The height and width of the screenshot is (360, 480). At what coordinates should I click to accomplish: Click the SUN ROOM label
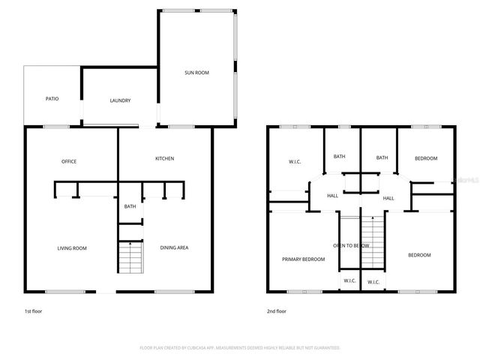196,73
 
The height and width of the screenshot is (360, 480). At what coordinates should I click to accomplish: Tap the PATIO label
52,98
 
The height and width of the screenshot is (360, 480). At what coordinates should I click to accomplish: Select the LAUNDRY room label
120,100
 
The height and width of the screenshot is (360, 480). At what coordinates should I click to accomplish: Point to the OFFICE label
69,161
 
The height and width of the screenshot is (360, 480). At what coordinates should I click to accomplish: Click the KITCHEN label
165,158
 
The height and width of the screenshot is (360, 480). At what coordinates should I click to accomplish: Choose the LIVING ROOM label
73,247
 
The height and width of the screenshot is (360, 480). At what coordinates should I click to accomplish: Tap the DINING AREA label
174,247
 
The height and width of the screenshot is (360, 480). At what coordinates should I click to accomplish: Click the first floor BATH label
130,206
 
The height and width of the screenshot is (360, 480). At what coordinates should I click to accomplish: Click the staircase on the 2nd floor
372,243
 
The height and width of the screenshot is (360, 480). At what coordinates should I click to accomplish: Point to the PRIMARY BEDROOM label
303,259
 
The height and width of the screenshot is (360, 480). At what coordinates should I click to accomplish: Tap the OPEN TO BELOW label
351,245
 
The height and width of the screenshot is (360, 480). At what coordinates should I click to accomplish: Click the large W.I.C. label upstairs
295,161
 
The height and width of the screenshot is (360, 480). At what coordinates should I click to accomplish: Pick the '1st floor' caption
34,310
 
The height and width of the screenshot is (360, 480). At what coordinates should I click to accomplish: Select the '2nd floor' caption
277,310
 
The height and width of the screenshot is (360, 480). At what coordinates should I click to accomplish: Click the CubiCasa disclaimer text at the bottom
240,348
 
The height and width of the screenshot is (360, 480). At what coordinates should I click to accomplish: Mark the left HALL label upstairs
332,196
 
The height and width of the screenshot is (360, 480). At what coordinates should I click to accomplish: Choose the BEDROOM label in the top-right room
426,158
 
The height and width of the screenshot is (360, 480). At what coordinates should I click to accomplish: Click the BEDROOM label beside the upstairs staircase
419,255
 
